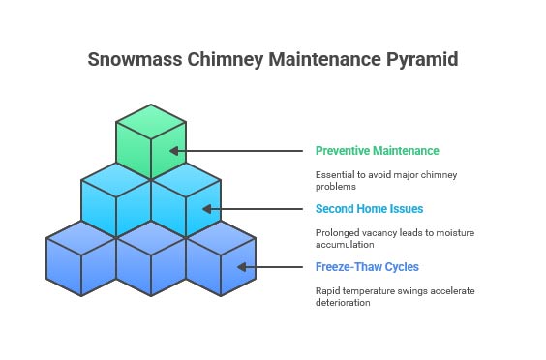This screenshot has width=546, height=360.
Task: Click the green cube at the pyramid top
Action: point(151,140)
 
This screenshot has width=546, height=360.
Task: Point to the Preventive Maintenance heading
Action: point(377,151)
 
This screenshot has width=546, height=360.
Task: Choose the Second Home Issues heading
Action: point(369,209)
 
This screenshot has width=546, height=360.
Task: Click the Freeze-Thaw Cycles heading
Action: point(367,267)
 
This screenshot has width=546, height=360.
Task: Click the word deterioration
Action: point(343,302)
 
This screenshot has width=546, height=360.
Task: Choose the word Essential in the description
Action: point(336,174)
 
